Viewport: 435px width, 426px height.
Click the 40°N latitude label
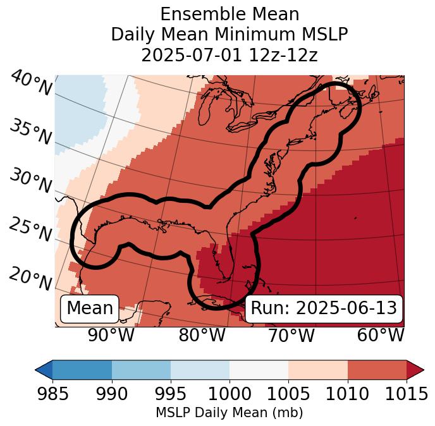point(30,84)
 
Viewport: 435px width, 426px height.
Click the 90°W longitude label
point(111,335)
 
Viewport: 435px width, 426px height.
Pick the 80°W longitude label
point(202,335)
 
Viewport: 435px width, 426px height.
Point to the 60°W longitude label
point(381,335)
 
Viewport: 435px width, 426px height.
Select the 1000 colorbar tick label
point(230,394)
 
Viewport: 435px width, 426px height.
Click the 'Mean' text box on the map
point(90,308)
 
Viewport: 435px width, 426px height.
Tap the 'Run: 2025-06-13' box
point(324,308)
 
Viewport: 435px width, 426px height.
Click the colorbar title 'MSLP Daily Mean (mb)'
point(229,413)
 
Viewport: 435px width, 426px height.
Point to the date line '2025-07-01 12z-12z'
point(230,55)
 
